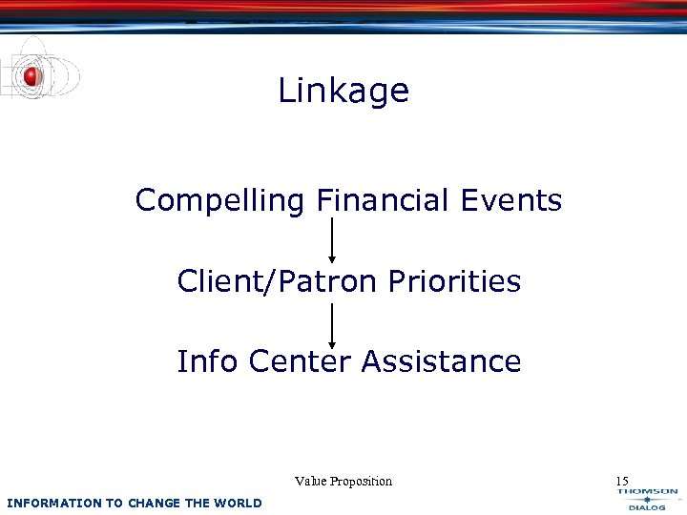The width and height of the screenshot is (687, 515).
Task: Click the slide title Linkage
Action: (343, 92)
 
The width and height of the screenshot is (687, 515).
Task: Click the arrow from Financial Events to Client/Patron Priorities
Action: (332, 239)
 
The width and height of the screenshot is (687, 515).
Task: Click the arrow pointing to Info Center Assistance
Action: (332, 325)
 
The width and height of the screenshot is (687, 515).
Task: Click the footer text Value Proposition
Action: (343, 482)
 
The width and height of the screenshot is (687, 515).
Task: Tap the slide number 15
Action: (621, 481)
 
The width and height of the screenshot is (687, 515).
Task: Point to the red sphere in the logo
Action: (32, 76)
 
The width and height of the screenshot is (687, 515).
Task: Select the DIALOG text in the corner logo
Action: (647, 507)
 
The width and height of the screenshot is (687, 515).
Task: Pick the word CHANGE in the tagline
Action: (153, 503)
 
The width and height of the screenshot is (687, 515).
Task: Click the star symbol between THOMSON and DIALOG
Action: (647, 500)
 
